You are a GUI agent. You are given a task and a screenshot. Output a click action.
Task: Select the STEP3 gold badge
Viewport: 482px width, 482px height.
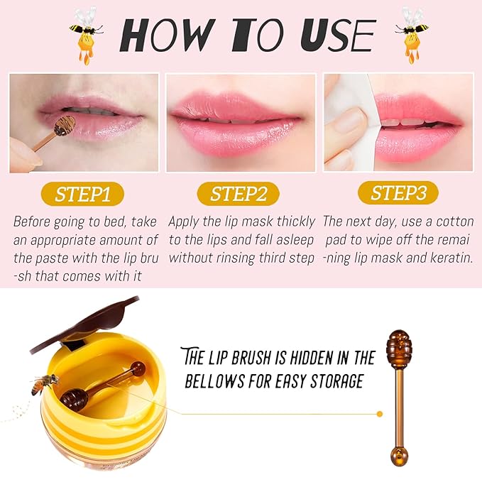(x=398, y=193)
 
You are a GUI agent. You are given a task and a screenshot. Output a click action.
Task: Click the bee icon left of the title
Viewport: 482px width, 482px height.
(x=84, y=35)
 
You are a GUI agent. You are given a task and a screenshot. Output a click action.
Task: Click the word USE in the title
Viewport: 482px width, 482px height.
(x=334, y=35)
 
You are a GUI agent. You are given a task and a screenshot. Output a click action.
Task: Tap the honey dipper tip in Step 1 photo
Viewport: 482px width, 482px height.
(x=65, y=126)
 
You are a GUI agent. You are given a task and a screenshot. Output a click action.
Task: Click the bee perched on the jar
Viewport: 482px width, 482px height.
(x=44, y=384)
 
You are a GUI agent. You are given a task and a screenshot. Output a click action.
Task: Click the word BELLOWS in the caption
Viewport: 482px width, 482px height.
(x=218, y=381)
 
